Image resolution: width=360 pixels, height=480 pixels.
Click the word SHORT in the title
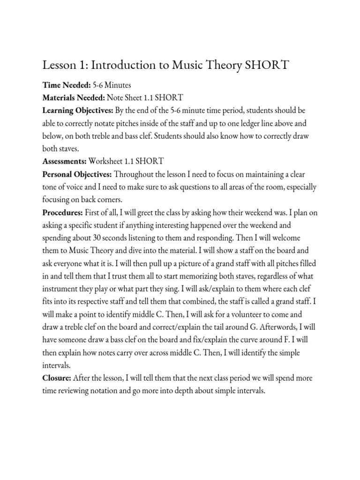click(267, 65)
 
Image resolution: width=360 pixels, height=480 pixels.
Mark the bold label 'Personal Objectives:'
click(77, 174)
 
